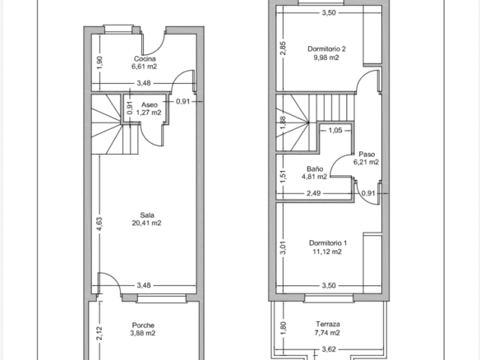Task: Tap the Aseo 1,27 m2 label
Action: (x=149, y=108)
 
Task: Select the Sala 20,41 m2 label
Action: (x=146, y=219)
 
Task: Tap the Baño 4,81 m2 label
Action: (x=315, y=173)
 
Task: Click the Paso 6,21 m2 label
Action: (x=367, y=158)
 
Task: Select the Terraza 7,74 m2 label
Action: (x=328, y=328)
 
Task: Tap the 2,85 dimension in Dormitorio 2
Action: (x=284, y=48)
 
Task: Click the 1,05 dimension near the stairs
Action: (x=335, y=131)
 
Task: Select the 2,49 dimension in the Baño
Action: (x=314, y=193)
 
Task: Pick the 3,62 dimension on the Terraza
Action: (x=329, y=349)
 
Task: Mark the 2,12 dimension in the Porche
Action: (x=99, y=334)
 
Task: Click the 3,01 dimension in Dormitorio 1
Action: (x=284, y=247)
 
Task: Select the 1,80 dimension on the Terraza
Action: (x=284, y=328)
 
